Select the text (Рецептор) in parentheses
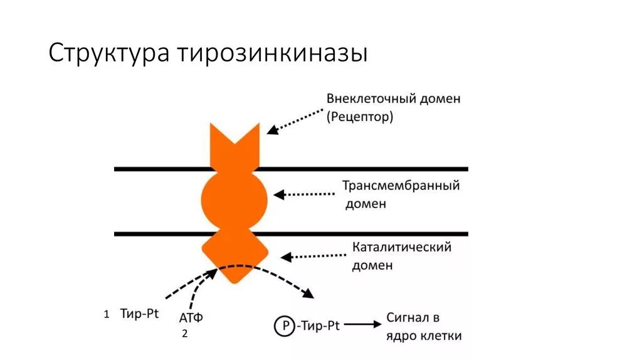(x=359, y=117)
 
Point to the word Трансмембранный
(x=401, y=186)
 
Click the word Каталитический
(x=401, y=247)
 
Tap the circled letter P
(x=283, y=325)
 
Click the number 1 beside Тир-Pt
(x=107, y=314)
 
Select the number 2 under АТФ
(x=184, y=334)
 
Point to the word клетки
(x=441, y=336)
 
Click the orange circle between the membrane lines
(x=234, y=199)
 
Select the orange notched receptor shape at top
(x=234, y=147)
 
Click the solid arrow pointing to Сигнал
(x=362, y=324)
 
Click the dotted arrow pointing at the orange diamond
(x=313, y=256)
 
